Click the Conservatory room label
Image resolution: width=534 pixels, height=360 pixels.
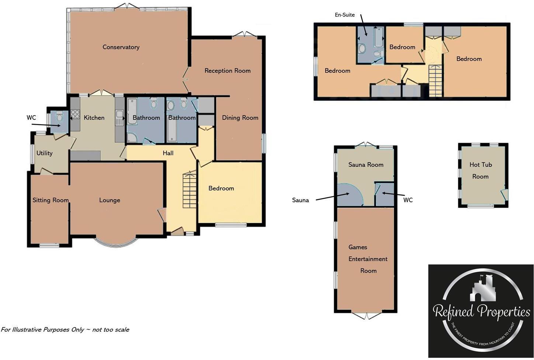(121, 47)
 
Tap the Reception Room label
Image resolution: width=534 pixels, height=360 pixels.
(227, 71)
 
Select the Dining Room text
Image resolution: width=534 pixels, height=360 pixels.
(240, 118)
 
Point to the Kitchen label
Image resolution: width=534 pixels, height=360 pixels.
(94, 118)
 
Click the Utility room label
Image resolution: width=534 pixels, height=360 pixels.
(44, 153)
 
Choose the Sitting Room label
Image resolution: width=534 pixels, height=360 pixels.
(51, 200)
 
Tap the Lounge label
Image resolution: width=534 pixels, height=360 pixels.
(110, 200)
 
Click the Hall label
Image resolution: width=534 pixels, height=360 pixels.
(168, 153)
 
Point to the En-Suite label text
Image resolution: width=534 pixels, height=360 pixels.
(344, 15)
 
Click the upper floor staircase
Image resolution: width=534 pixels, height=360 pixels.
(436, 80)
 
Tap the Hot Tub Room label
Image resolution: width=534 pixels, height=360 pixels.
(481, 170)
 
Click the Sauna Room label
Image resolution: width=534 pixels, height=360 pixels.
(365, 165)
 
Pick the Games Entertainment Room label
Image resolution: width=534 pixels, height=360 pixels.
(368, 259)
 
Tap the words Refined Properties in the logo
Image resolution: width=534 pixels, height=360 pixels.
(481, 312)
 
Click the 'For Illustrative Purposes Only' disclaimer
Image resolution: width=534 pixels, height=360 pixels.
(65, 330)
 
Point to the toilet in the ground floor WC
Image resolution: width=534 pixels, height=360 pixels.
(59, 118)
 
